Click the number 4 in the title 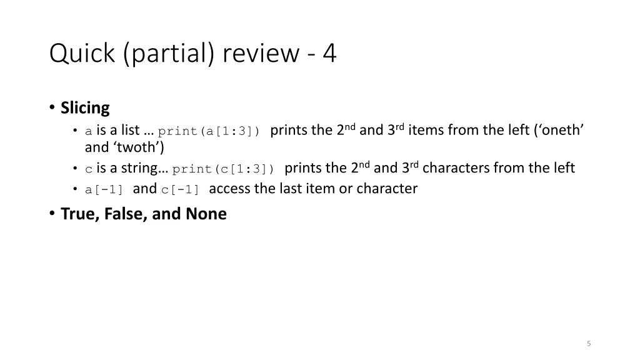pos(329,54)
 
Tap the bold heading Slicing pos(85,108)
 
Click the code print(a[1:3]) pos(209,131)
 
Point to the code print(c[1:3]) pos(223,169)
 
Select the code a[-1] pos(105,190)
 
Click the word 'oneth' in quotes pos(559,130)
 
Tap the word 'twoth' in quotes pos(139,147)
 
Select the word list pos(130,130)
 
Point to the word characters pos(456,168)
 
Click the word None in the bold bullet pos(206,214)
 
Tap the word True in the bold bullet pos(77,214)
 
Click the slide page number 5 pos(589,343)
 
